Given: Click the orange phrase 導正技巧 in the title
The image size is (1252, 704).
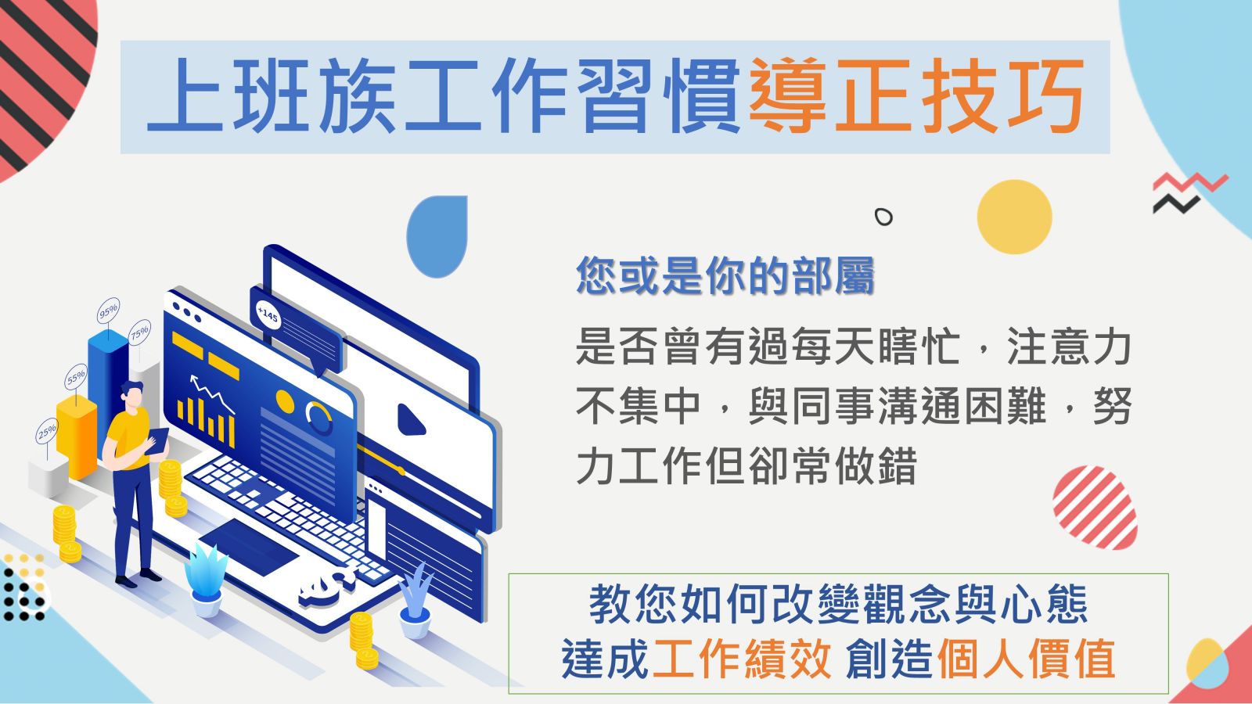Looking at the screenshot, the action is click(916, 95).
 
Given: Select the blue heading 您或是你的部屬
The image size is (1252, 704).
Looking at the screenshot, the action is click(725, 275).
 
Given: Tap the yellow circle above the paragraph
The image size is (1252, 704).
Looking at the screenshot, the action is click(1014, 217).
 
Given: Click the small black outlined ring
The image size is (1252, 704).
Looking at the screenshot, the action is click(883, 217).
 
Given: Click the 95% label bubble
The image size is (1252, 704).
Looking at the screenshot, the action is click(109, 310).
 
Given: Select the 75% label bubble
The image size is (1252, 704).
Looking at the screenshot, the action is click(140, 332).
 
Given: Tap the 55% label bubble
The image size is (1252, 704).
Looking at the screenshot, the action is click(75, 377).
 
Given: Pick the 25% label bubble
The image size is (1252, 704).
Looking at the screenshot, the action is click(47, 431).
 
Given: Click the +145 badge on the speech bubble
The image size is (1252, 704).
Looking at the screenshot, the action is click(268, 316).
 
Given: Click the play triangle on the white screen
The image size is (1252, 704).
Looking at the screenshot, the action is click(411, 419).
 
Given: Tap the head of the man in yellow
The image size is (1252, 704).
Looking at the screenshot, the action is click(132, 395).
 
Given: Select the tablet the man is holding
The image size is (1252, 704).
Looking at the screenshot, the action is click(159, 441).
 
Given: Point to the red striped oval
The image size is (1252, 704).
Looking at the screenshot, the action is click(1095, 508).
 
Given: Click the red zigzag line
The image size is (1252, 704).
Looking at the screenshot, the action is click(1190, 183).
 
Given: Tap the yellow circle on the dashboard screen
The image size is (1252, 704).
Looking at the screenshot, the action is click(285, 402).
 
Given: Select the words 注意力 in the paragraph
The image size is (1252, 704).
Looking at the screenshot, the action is click(1069, 347).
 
